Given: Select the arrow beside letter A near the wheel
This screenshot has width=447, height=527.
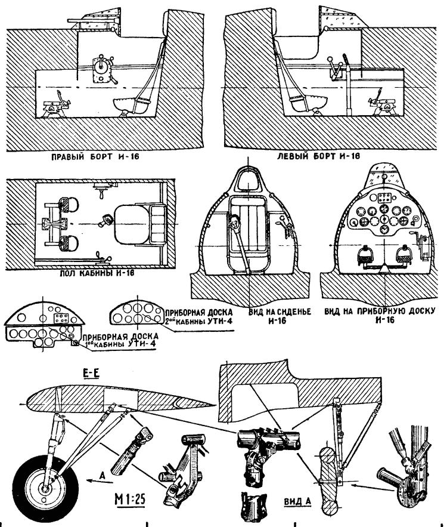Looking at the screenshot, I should (91, 479).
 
